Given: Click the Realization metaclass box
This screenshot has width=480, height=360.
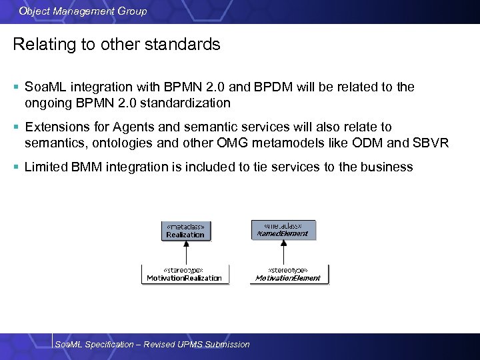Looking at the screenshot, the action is [x=185, y=231].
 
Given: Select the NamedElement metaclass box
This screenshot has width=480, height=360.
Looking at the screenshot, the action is [x=283, y=230].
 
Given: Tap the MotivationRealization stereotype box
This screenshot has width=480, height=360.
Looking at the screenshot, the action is [x=185, y=274].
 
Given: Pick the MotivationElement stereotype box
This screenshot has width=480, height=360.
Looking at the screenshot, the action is [x=287, y=274].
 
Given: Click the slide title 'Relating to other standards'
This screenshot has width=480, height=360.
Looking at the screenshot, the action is [x=117, y=45].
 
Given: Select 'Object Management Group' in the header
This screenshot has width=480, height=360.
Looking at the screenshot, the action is [x=83, y=11].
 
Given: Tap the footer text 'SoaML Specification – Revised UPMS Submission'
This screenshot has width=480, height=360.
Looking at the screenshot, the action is [x=152, y=344].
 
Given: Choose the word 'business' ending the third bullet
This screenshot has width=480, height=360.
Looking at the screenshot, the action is [x=387, y=167].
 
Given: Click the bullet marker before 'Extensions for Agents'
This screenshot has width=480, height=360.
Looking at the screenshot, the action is [x=16, y=127].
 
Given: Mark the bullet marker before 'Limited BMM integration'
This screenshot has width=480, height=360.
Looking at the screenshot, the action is [x=16, y=167].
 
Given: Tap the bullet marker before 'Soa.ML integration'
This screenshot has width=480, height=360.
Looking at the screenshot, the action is [x=16, y=87].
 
